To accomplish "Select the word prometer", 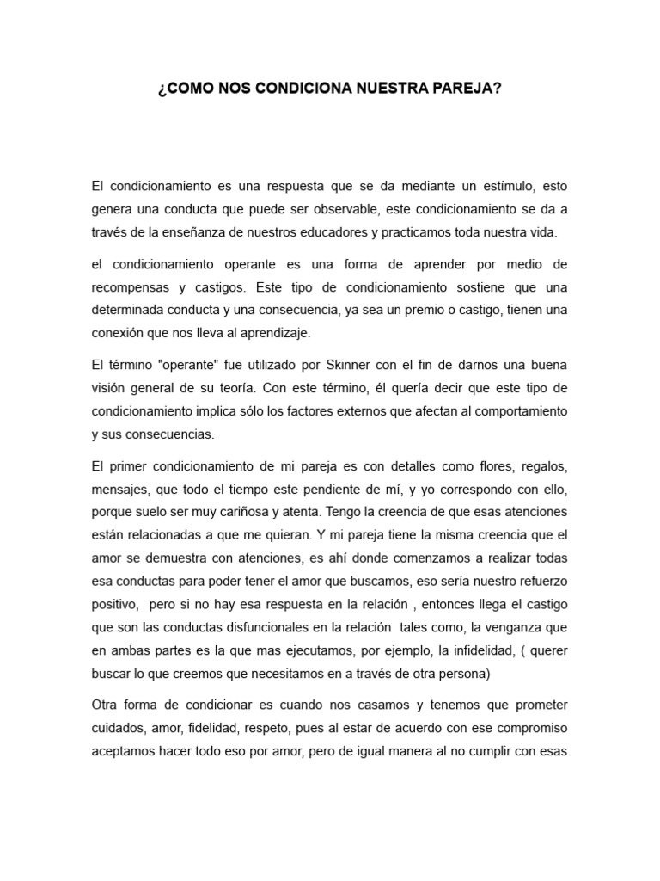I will click(536, 705).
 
